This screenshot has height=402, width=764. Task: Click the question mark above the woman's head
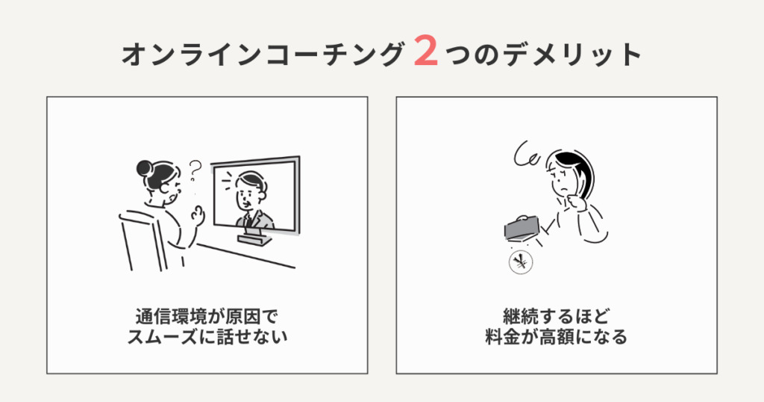point(195,170)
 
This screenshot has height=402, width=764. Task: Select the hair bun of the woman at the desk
point(144,168)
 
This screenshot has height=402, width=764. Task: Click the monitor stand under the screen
point(255,239)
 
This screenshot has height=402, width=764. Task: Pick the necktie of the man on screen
point(248,220)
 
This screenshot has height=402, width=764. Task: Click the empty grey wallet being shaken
point(522,228)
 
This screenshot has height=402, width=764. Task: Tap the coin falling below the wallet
point(521,262)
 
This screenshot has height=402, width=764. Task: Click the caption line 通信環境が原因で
point(207,317)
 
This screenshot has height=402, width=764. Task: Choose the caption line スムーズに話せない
point(207,337)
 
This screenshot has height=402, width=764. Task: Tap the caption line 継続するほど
point(556,317)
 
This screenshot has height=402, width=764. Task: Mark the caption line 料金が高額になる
point(556,337)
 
